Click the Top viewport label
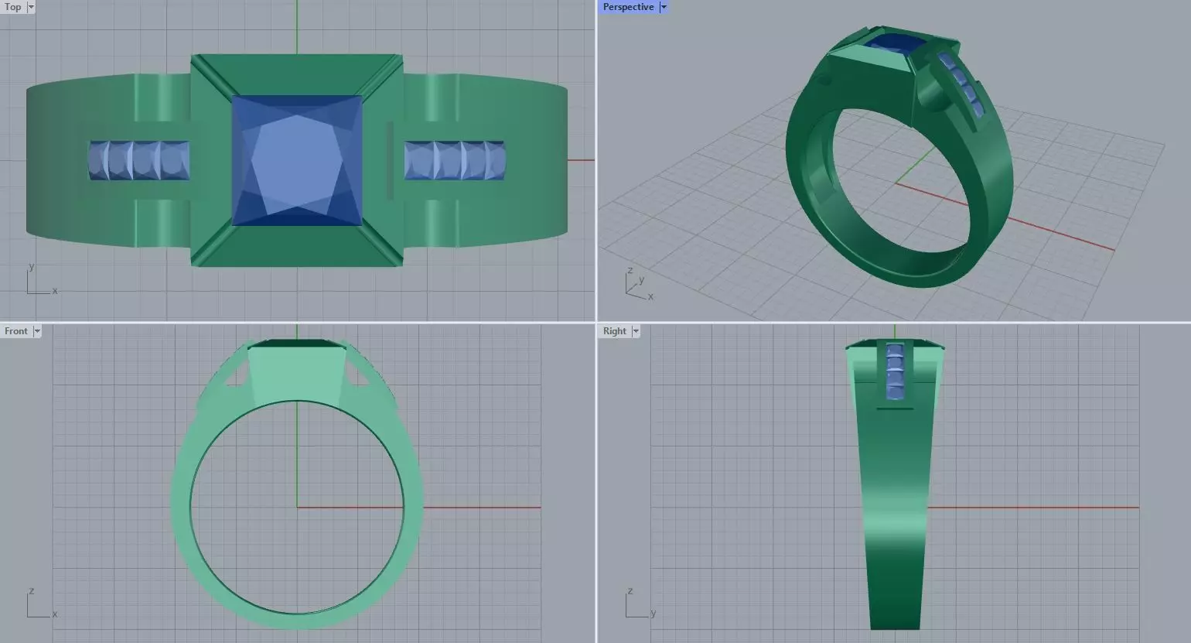click(13, 7)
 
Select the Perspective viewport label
click(628, 7)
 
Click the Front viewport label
click(15, 331)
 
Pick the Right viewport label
click(614, 331)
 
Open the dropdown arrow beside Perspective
click(664, 7)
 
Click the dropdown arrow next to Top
click(31, 7)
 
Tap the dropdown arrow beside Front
click(37, 331)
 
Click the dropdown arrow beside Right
click(636, 331)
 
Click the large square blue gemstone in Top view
click(297, 160)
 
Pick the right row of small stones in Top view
click(455, 161)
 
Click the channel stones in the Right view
click(895, 371)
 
